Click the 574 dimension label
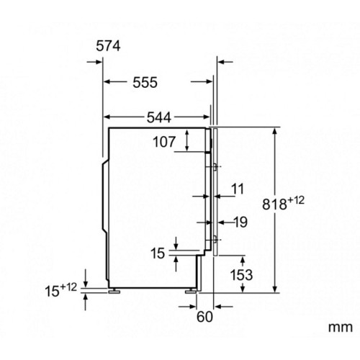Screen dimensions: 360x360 point(108,46)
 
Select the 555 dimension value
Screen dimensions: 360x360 point(145,82)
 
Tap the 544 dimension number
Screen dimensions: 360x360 point(159,117)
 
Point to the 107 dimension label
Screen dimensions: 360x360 point(164,142)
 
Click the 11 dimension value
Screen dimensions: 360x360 point(238,189)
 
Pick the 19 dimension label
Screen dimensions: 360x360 point(240,222)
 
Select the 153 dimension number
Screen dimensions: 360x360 point(241,274)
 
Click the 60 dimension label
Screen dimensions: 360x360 point(204,317)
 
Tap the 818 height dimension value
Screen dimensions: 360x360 point(274,204)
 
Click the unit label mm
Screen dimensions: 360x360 point(341,328)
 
